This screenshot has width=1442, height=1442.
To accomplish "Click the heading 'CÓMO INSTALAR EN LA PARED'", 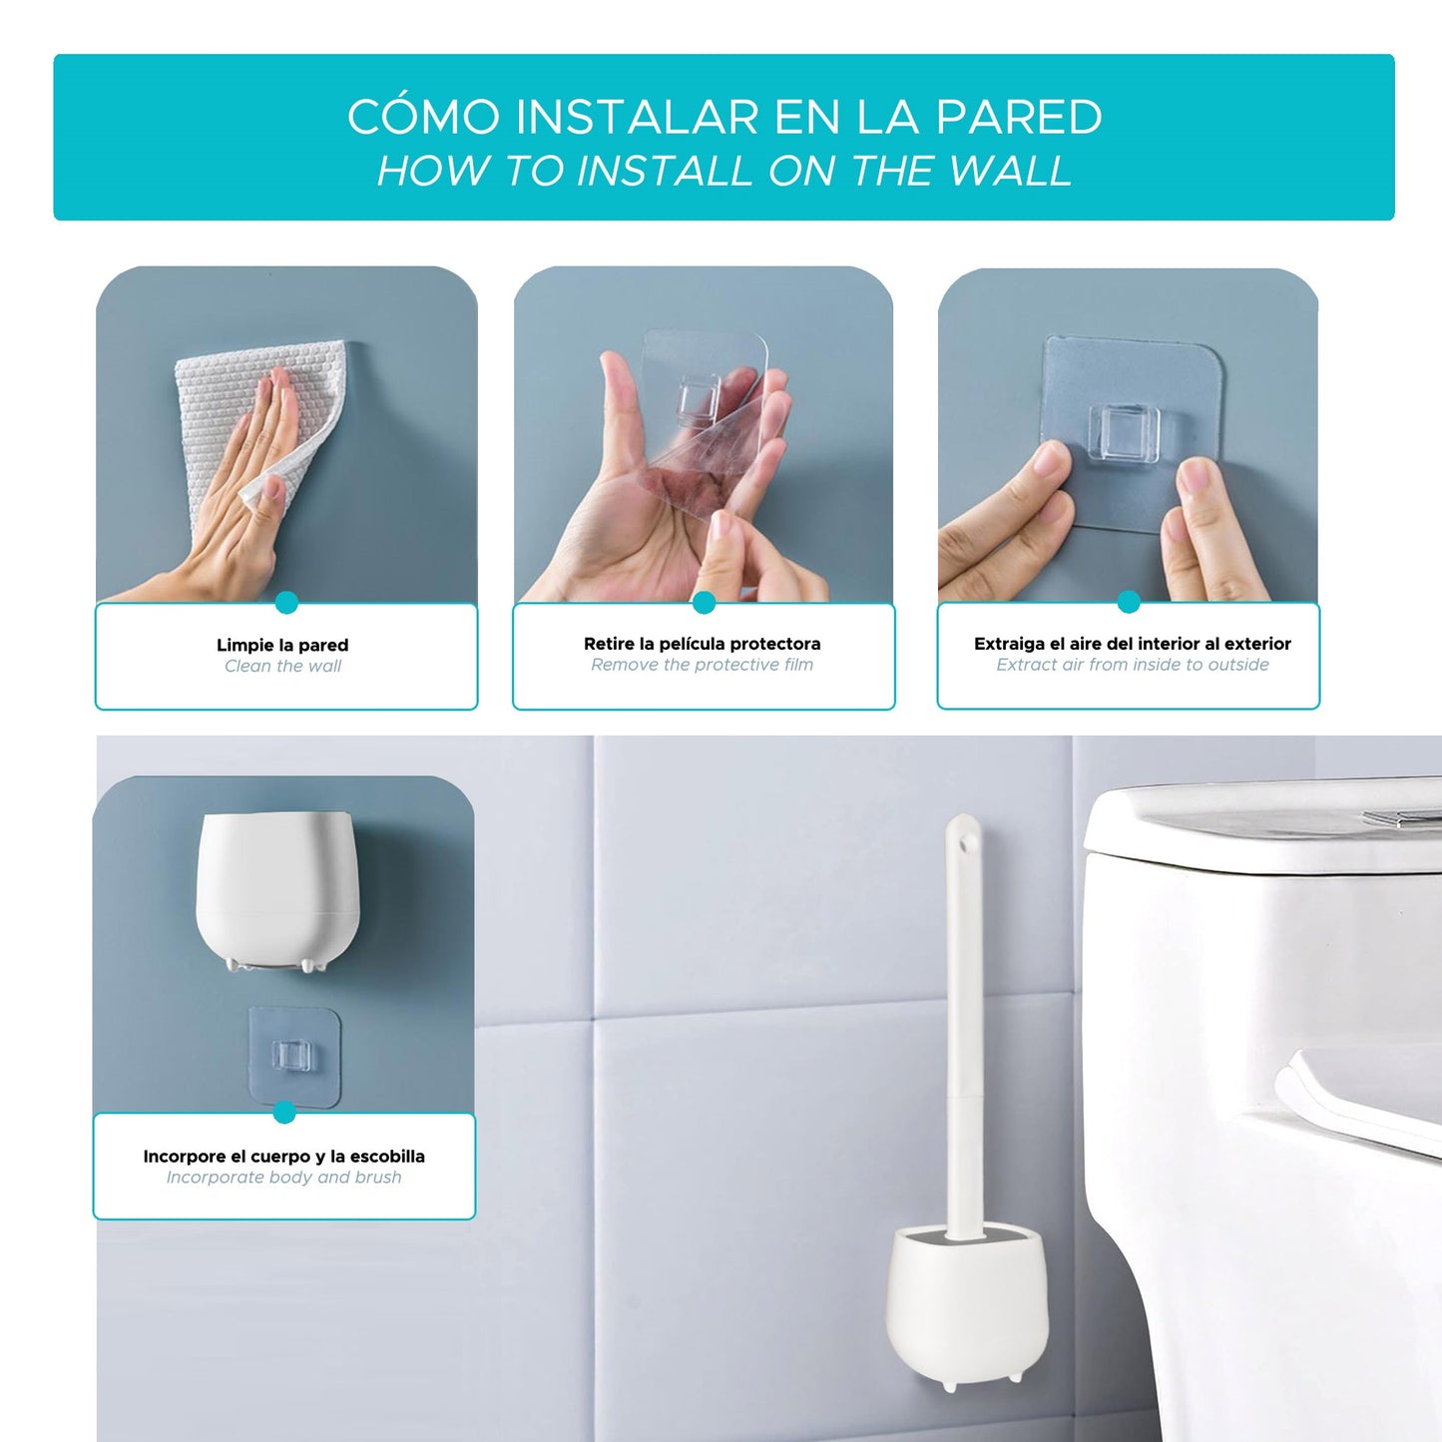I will [x=724, y=117].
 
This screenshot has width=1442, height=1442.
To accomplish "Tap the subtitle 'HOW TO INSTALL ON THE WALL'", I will [x=724, y=171].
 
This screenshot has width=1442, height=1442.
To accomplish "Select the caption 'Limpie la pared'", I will [x=282, y=645].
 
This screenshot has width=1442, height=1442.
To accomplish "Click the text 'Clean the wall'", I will [x=282, y=667].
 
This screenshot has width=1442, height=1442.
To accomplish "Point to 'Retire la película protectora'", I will [x=703, y=644].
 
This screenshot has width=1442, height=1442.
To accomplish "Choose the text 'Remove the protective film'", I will [x=703, y=665].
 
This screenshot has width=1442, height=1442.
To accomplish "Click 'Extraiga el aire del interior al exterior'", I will [x=1133, y=644].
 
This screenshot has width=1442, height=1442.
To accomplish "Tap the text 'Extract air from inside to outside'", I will [x=1133, y=665].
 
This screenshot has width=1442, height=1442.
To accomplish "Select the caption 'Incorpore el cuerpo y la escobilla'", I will [x=284, y=1156].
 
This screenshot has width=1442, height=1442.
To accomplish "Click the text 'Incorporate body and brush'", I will [x=284, y=1178].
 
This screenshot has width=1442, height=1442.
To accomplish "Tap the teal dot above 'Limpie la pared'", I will [x=286, y=602].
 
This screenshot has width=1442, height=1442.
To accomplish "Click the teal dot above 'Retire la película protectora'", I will [x=704, y=602].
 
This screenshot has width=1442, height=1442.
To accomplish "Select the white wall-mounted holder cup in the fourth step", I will [x=276, y=888].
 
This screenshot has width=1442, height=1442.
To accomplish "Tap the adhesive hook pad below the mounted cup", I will [x=293, y=1055].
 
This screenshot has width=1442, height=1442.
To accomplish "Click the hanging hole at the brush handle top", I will [x=965, y=843].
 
